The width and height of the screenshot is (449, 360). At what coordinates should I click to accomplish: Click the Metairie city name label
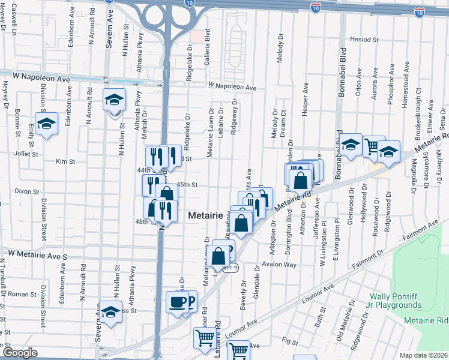(x=208, y=215)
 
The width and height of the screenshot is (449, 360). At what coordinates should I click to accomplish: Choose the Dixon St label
(x=26, y=192)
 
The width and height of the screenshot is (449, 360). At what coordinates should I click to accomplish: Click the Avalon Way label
(x=282, y=265)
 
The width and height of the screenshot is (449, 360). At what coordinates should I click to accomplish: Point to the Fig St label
(x=290, y=341)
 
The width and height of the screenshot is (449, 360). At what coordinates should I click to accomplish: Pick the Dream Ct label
(x=283, y=121)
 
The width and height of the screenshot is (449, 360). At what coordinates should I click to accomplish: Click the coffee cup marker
(x=177, y=302)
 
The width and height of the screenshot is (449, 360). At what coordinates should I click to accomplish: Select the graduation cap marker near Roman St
(x=110, y=313)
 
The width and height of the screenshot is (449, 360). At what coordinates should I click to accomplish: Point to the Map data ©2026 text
(x=423, y=355)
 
